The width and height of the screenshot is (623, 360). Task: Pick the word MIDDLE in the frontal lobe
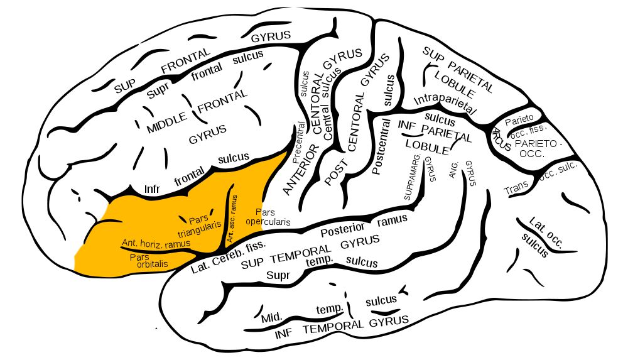coord(167,124)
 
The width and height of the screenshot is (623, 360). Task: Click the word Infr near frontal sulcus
coord(154,189)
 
